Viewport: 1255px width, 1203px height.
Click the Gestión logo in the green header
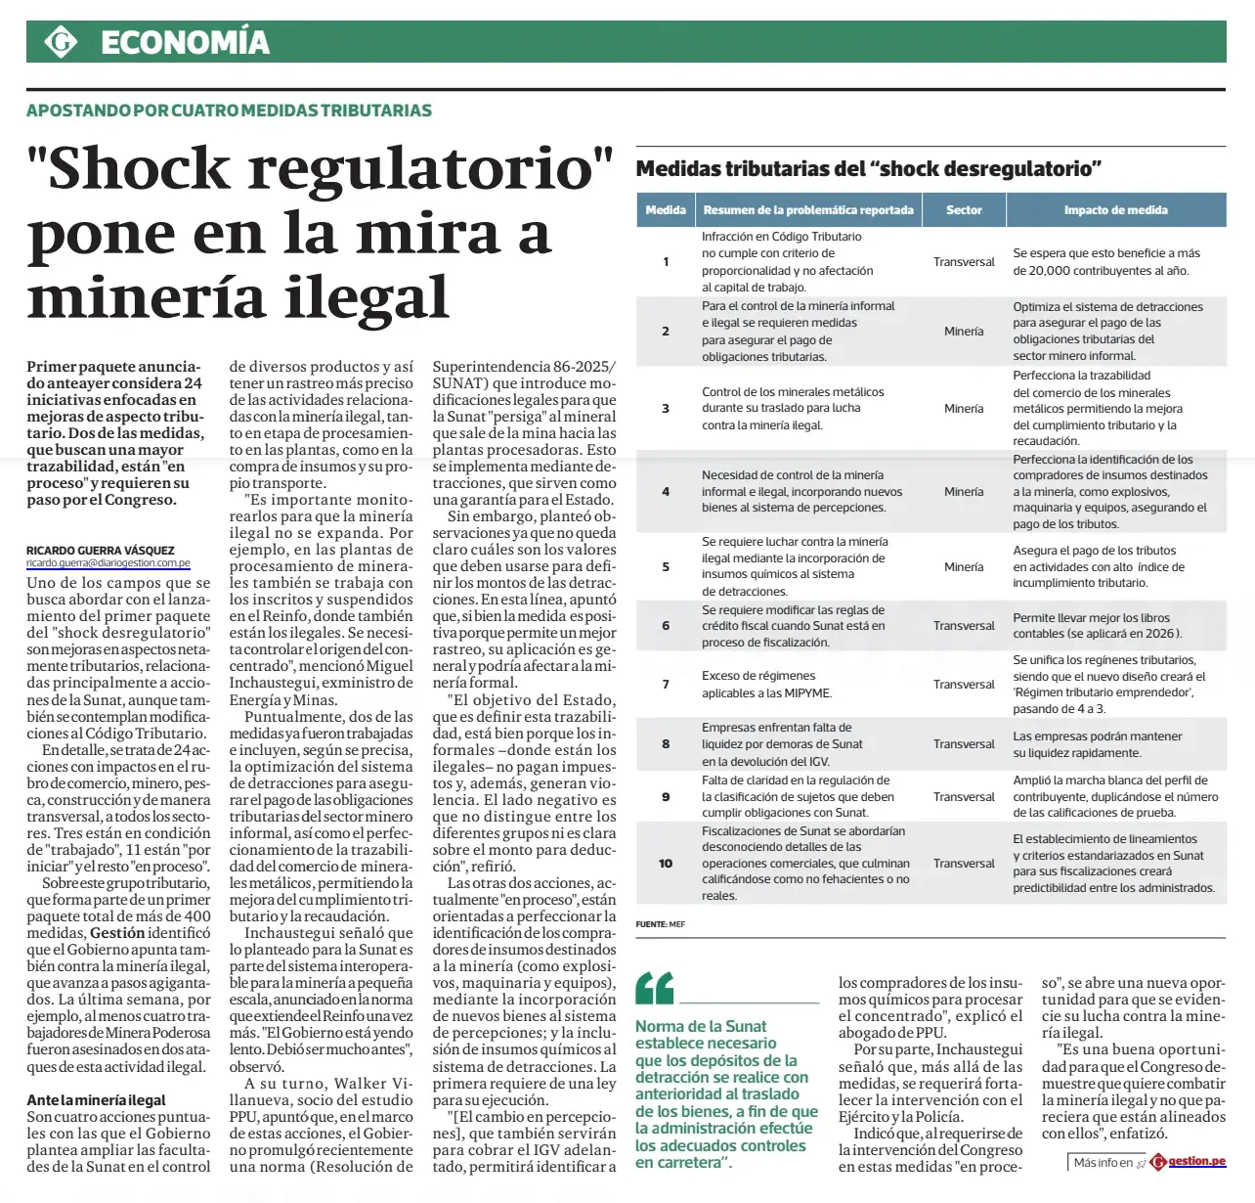point(61,42)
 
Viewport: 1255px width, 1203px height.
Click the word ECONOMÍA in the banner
point(185,42)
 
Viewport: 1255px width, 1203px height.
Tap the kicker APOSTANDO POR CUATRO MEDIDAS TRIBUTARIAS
point(229,111)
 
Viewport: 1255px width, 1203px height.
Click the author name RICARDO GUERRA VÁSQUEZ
point(101,551)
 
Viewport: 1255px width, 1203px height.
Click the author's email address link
point(108,563)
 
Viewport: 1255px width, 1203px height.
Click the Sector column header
point(964,210)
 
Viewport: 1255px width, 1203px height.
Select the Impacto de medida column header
point(1115,210)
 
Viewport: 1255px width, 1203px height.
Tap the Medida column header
point(666,210)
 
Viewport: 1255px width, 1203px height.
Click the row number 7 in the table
point(666,685)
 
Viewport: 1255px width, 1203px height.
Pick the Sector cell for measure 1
point(964,262)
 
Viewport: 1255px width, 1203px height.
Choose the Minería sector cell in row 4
point(964,492)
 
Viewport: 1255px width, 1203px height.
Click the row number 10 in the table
point(666,864)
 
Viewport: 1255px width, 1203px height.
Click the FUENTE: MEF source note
point(661,924)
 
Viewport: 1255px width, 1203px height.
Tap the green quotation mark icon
point(654,989)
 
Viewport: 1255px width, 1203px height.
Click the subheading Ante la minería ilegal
point(96,1100)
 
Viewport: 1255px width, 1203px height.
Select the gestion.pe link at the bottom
point(1196,1162)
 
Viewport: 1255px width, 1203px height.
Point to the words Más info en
point(1103,1163)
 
